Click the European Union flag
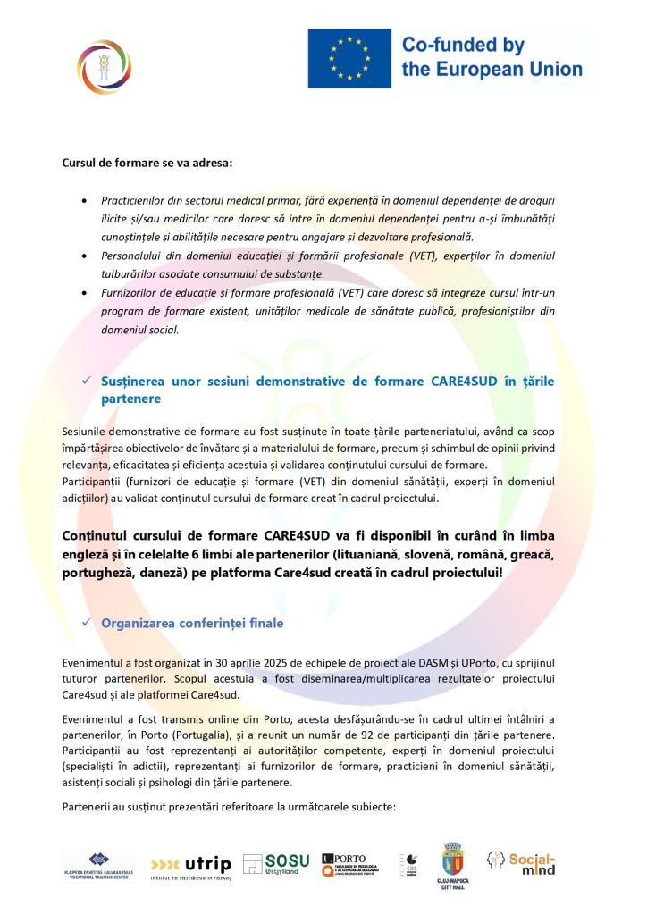pos(349,58)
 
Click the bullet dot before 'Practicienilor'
pos(84,202)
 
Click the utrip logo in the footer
pos(191,865)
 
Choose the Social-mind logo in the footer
pos(522,862)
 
